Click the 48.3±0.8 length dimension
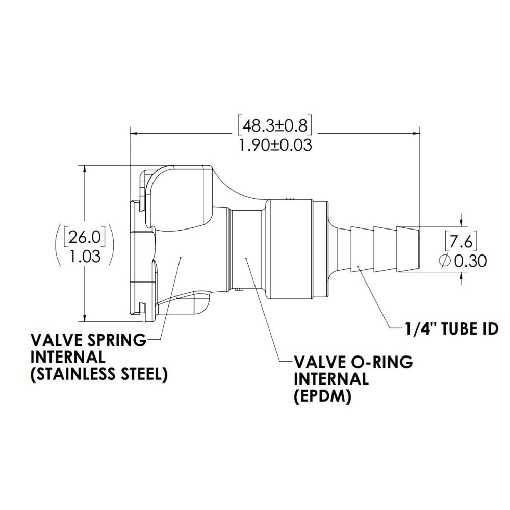(x=275, y=125)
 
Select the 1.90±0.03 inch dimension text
(x=275, y=145)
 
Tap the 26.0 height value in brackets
(x=84, y=237)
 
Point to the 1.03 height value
(x=84, y=257)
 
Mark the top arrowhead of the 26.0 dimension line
(x=84, y=169)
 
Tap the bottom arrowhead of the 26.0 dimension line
(x=84, y=318)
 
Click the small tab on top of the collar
(x=289, y=198)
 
